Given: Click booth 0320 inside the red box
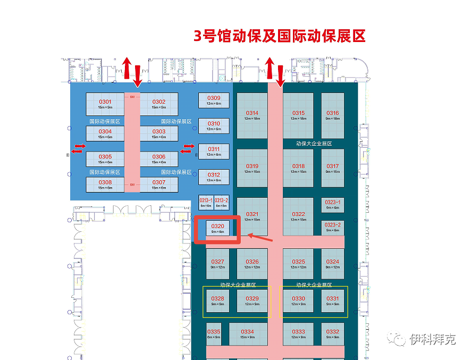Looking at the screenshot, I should pyautogui.click(x=217, y=228).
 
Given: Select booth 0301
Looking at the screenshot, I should pyautogui.click(x=105, y=104).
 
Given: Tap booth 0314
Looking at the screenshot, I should pyautogui.click(x=252, y=115).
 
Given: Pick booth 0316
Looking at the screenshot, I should pyautogui.click(x=332, y=115).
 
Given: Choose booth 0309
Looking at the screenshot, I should pyautogui.click(x=214, y=101).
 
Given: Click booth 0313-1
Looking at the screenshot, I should pyautogui.click(x=206, y=202).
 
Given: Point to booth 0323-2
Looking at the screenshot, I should pyautogui.click(x=332, y=227).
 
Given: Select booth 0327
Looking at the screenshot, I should pyautogui.click(x=217, y=264).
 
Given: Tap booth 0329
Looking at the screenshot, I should pyautogui.click(x=252, y=300).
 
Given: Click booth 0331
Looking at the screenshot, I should pyautogui.click(x=332, y=300).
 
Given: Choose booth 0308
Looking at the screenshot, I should pyautogui.click(x=105, y=184).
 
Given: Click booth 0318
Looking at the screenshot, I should pyautogui.click(x=298, y=168).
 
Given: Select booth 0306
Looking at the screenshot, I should pyautogui.click(x=158, y=158).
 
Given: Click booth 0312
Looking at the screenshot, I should pyautogui.click(x=214, y=177).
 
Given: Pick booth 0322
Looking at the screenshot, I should pyautogui.click(x=298, y=216).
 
